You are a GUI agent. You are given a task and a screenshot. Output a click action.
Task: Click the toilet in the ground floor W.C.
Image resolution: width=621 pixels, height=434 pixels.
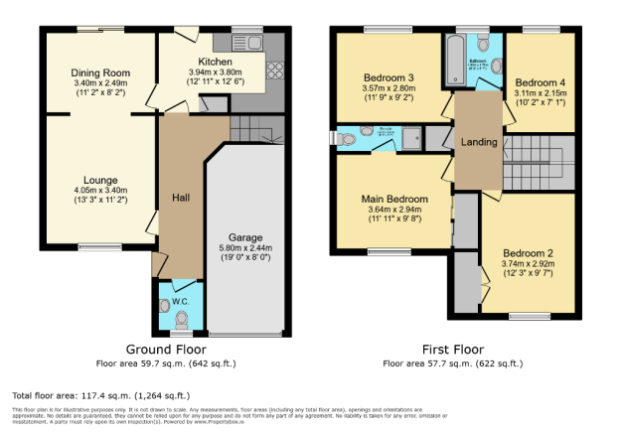click(x=181, y=319)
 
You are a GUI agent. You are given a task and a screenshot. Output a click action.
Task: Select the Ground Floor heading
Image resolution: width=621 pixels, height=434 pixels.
click(x=166, y=350)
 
